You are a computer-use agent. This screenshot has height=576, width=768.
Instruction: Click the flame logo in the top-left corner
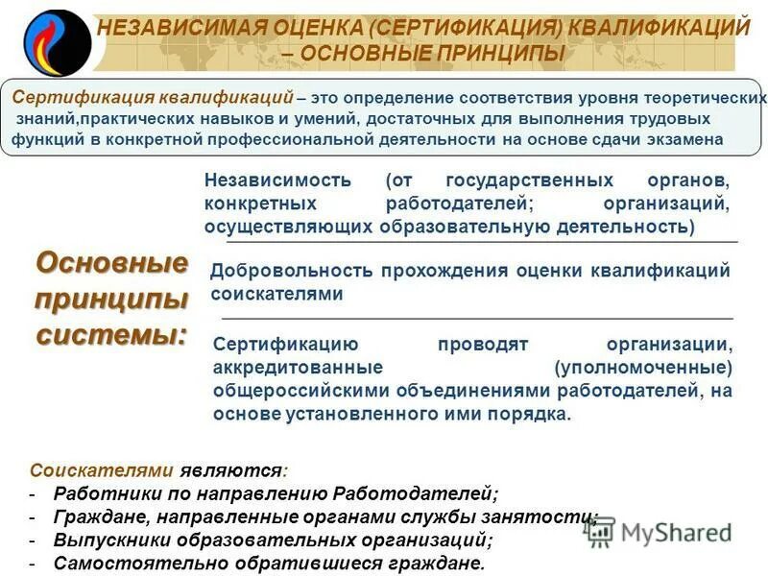tap(55, 41)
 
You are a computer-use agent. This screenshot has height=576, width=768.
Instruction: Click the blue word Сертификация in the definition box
tap(79, 98)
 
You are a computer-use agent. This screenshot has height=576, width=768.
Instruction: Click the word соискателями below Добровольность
tap(276, 294)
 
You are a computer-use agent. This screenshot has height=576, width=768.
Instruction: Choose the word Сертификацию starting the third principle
tap(284, 345)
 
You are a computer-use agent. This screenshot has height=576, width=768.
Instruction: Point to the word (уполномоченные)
tap(643, 369)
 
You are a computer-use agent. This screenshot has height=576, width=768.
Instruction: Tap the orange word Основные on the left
tap(111, 262)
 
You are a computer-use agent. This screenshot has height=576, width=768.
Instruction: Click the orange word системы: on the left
tap(111, 336)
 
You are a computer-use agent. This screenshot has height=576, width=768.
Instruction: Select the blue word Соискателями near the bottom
tap(102, 470)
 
